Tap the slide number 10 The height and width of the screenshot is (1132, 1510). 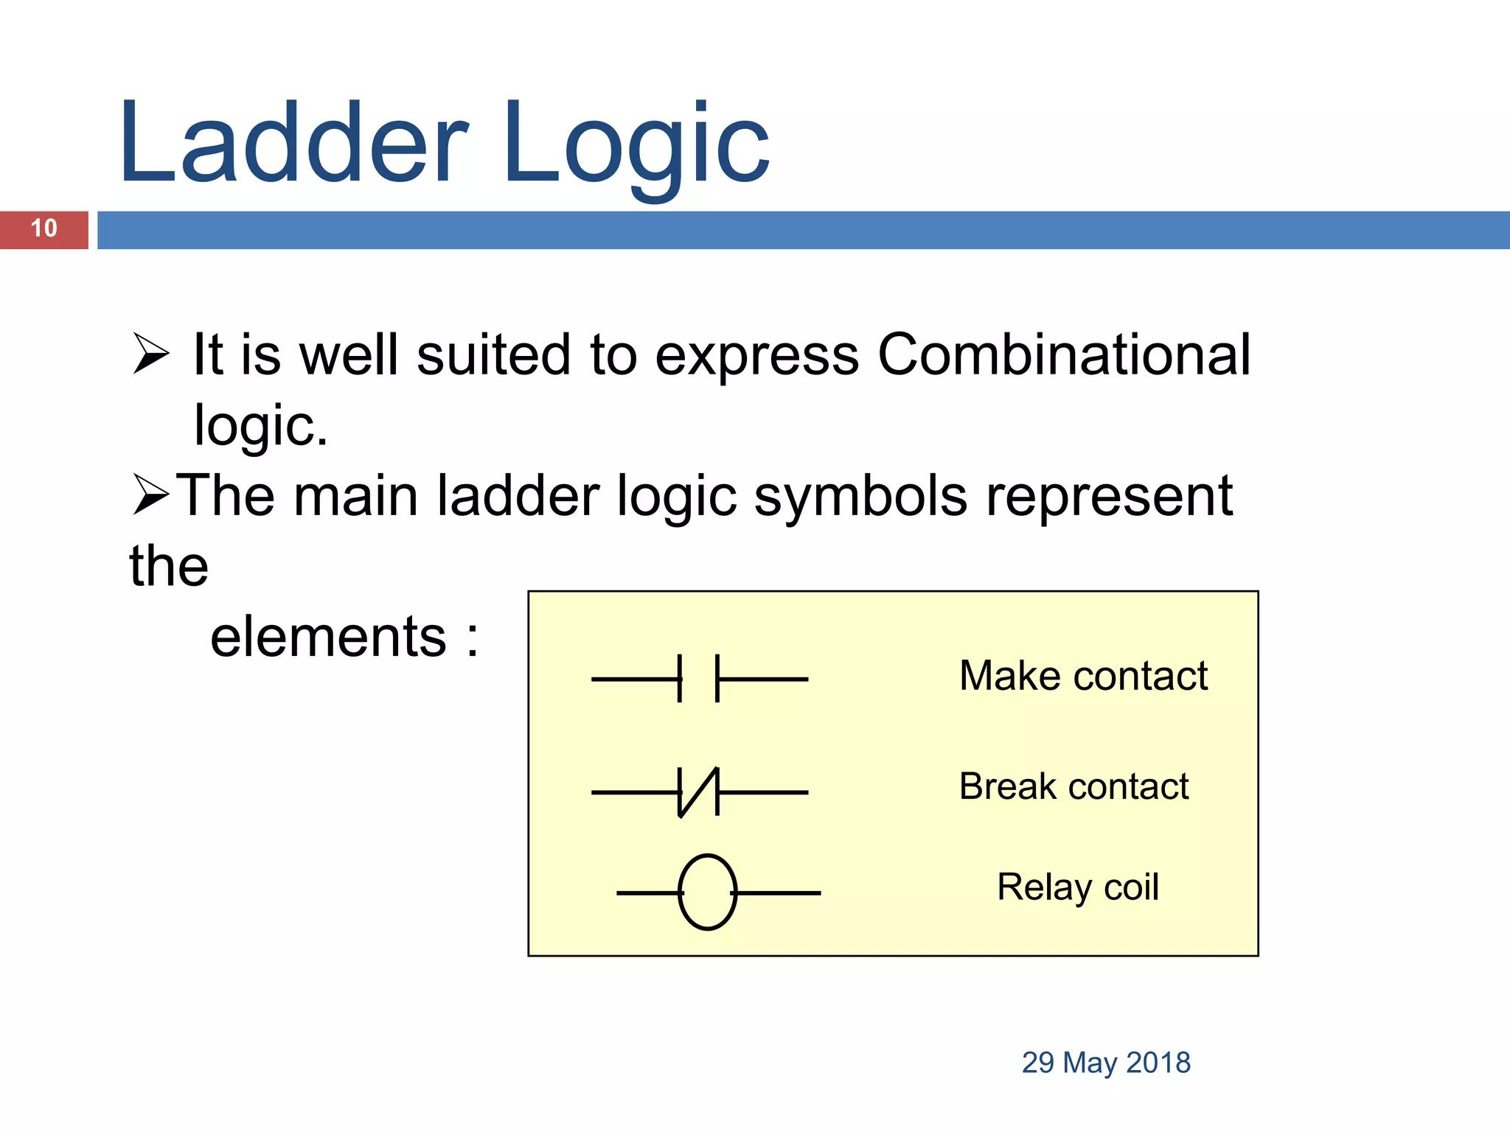pos(44,228)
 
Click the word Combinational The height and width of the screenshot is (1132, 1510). pos(1063,354)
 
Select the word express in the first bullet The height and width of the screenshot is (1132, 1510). pos(756,356)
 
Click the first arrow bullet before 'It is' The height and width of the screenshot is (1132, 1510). pos(151,354)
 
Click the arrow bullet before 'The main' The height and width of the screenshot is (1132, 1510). pos(151,495)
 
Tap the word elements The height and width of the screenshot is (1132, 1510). pos(328,637)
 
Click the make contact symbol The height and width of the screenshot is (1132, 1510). pos(698,679)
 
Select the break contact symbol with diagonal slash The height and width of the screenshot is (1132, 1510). pos(698,792)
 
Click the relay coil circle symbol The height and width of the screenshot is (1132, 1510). pos(707,892)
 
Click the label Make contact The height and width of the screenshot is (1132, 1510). pos(1083,676)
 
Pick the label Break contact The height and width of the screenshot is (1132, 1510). pos(1074,786)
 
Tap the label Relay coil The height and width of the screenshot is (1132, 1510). pos(1077,887)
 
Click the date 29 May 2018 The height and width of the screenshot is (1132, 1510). pos(1105,1063)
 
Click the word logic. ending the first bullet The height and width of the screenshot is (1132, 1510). pos(260,426)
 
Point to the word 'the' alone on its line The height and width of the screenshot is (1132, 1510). pos(169,566)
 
